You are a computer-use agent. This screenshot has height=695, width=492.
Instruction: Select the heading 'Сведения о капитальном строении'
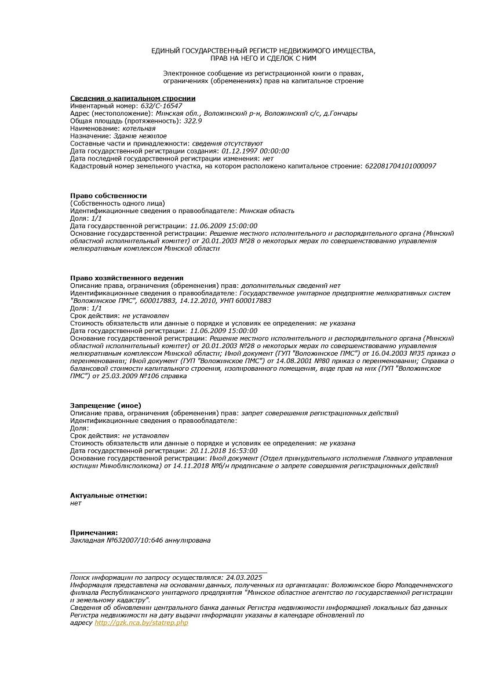coord(133,98)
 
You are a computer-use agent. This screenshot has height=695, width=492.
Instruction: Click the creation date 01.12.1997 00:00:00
coord(255,151)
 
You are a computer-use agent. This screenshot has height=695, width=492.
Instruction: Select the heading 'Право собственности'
coord(108,196)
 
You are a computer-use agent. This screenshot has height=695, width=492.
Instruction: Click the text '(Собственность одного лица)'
coord(117,203)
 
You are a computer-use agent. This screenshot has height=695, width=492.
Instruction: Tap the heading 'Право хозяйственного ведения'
coord(126,278)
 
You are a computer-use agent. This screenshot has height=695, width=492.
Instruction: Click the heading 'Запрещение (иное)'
coord(105,405)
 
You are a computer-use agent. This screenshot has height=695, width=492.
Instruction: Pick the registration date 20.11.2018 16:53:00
coord(223,451)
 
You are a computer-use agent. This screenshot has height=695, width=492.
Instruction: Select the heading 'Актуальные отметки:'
coord(108,496)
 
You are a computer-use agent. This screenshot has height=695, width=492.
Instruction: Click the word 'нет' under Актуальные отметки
coord(75,503)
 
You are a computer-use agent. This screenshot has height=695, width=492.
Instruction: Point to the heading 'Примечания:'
coord(94,533)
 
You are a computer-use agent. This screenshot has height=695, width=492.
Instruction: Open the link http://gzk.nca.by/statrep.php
coord(141,623)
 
